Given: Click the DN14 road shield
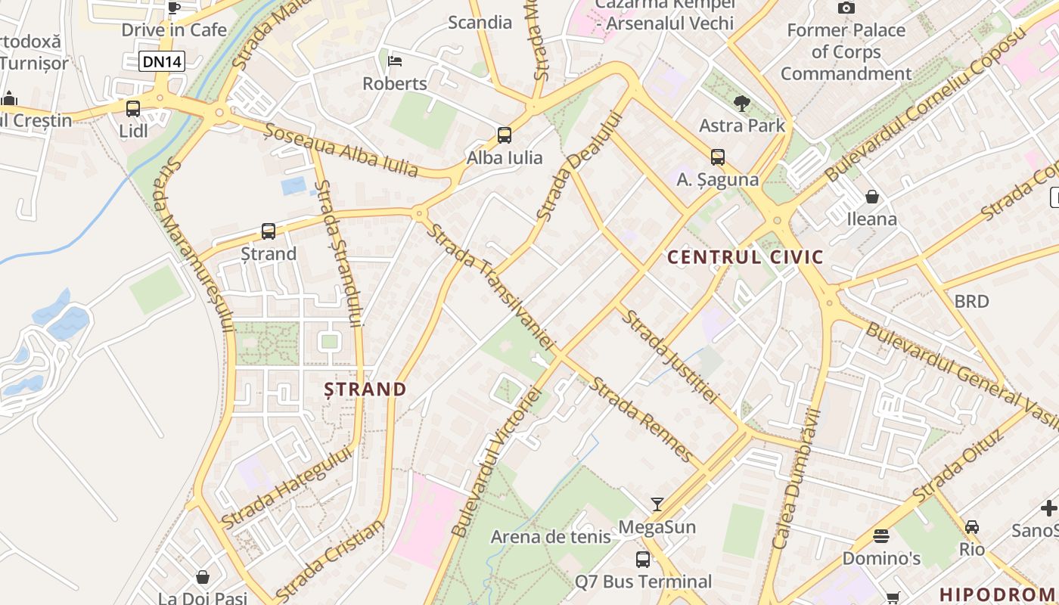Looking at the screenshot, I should tap(162, 61).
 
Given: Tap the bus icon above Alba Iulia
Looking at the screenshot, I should tap(505, 135).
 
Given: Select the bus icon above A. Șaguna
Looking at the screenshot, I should tap(718, 157).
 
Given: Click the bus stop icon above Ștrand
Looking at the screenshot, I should tap(269, 231).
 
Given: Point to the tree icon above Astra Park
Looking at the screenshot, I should tap(742, 103).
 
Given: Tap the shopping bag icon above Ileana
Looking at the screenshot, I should tap(872, 197).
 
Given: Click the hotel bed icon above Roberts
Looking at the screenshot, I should tap(395, 61).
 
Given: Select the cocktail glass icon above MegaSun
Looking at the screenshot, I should tap(657, 504).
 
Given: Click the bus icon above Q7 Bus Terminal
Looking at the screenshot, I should tap(643, 560).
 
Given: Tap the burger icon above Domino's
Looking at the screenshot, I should tap(881, 536).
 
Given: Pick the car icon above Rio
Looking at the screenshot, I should tap(972, 526).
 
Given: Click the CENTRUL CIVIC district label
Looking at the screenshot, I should tap(745, 257).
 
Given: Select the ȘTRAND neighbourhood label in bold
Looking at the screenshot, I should tap(365, 389).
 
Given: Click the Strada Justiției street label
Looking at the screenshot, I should tap(669, 355).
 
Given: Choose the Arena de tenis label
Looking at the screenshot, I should tap(551, 537).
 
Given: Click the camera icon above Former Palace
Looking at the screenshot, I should tap(846, 8).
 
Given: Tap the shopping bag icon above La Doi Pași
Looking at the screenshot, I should tap(203, 578).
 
